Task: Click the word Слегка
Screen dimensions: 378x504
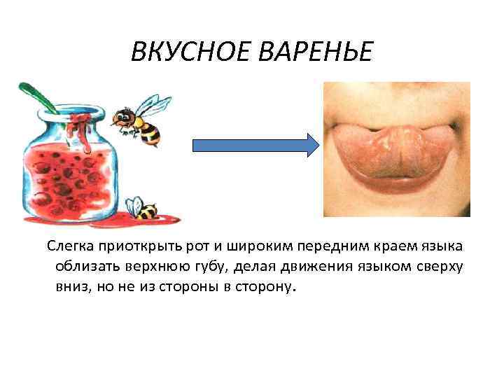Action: (x=70, y=248)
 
